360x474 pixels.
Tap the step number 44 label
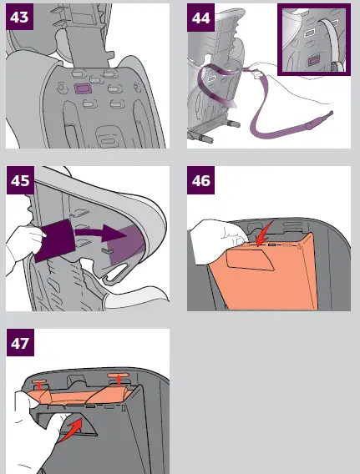click(201, 18)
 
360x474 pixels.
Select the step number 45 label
click(21, 181)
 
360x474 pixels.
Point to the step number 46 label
click(201, 181)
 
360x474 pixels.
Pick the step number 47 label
click(21, 344)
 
